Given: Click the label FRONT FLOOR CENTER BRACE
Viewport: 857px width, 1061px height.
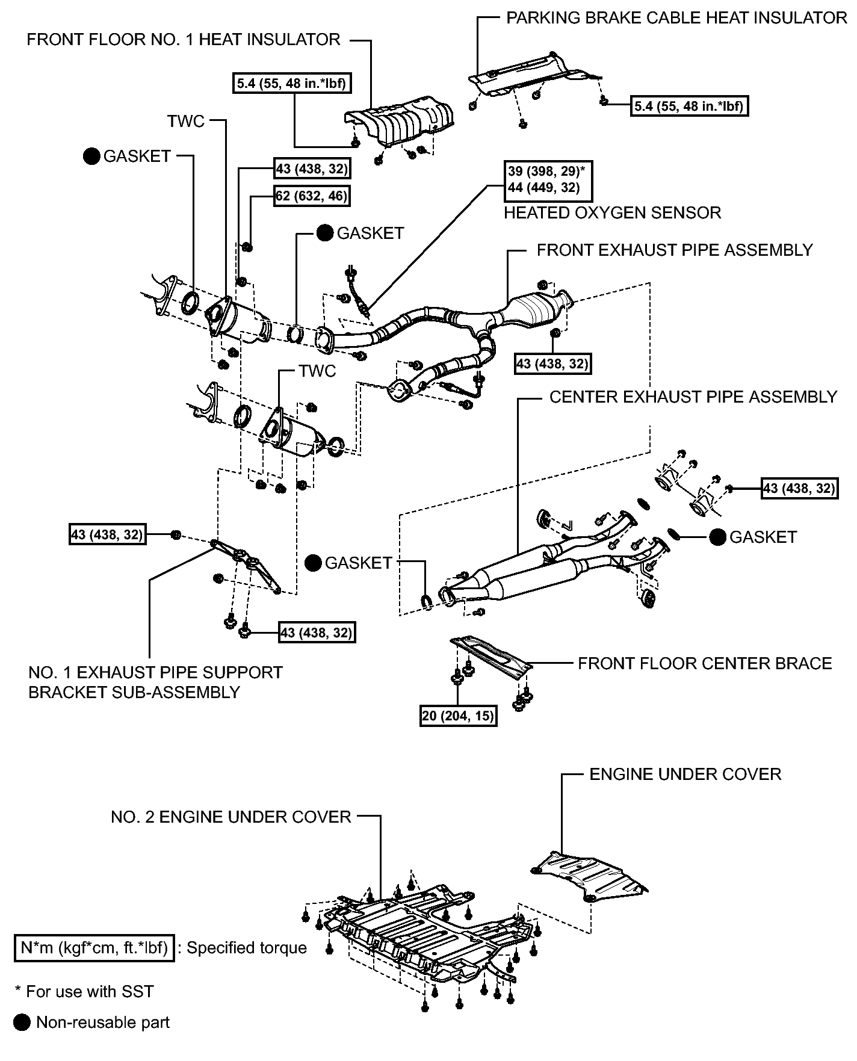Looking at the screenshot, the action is click(x=705, y=663).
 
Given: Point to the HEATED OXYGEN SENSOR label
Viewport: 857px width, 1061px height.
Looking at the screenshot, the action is click(x=612, y=212).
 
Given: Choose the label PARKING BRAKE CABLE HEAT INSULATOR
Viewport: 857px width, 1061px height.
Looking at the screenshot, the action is click(x=676, y=17).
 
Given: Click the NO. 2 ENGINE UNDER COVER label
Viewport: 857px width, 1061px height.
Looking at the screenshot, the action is click(x=231, y=817).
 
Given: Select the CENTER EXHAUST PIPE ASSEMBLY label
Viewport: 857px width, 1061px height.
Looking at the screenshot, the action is click(x=693, y=397).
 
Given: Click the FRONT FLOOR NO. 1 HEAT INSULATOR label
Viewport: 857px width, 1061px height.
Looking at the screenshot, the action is click(x=184, y=40).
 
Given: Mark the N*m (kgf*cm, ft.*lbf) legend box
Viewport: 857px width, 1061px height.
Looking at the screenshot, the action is click(x=94, y=948).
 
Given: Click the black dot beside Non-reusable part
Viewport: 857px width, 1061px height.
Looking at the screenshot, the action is click(x=23, y=1022).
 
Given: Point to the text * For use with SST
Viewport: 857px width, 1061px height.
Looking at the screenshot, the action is click(x=84, y=991).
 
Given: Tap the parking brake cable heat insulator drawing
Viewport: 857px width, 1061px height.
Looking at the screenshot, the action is click(x=531, y=75).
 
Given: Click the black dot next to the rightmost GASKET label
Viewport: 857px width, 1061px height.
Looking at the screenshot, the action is click(x=718, y=537).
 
